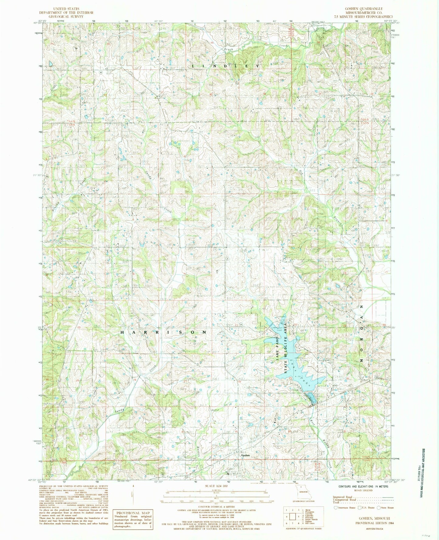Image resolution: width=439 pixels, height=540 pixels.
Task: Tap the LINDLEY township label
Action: (225, 66)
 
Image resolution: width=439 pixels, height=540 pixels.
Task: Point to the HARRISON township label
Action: (163, 332)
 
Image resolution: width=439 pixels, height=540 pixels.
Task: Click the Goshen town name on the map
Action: (245, 455)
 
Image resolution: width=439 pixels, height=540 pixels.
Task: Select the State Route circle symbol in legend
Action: (379, 507)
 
